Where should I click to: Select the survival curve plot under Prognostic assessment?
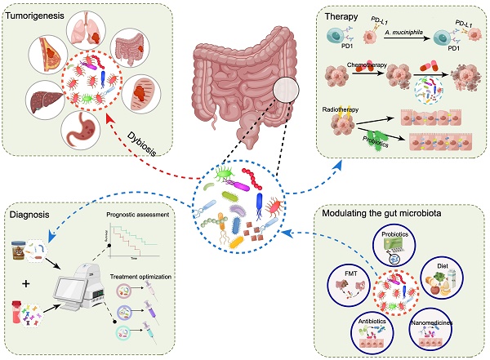pos(139,240)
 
